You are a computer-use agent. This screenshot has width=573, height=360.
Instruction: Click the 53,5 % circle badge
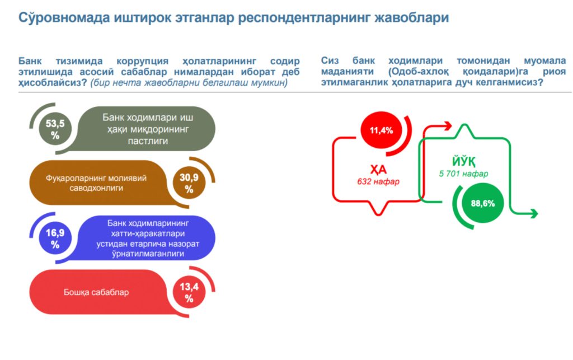[x=55, y=130]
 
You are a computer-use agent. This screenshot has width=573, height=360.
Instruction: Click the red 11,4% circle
[x=381, y=130]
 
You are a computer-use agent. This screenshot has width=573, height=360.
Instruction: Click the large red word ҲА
[x=379, y=169]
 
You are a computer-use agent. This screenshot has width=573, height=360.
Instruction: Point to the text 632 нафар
[x=379, y=181]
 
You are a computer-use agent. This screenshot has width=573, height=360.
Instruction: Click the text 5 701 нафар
[x=463, y=174]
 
